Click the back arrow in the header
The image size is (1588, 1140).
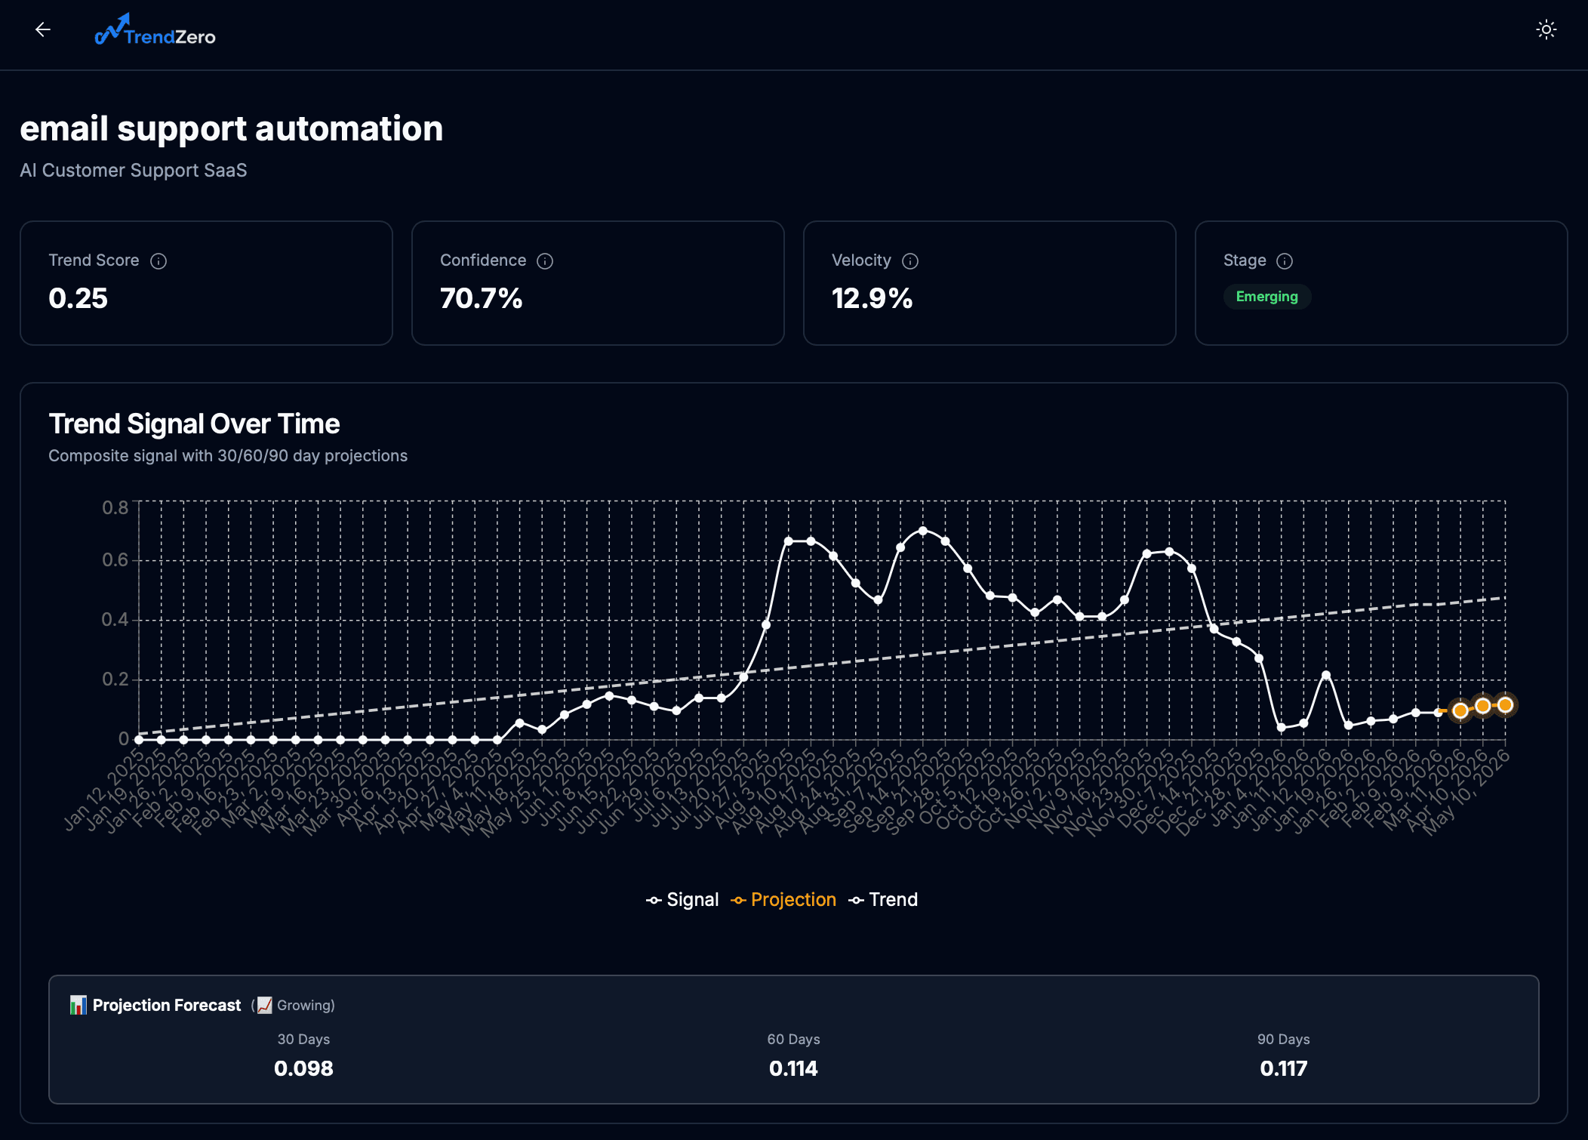click(x=43, y=29)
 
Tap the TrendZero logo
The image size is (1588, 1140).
click(x=155, y=31)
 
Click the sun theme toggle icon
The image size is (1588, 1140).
click(x=1546, y=30)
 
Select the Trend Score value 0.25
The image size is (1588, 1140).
click(x=78, y=298)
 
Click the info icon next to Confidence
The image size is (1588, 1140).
click(x=545, y=261)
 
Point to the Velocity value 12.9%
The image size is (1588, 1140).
click(x=872, y=298)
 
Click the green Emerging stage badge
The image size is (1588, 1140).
click(x=1266, y=297)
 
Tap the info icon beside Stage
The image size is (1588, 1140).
click(x=1285, y=261)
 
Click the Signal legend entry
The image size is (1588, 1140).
click(x=682, y=900)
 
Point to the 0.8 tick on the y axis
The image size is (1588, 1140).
click(x=115, y=507)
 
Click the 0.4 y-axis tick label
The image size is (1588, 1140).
click(x=115, y=620)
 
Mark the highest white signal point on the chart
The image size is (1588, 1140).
click(x=922, y=531)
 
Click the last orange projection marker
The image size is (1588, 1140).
click(x=1505, y=705)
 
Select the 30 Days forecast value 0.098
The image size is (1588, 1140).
click(x=303, y=1068)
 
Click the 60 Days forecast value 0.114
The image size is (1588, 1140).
click(x=793, y=1068)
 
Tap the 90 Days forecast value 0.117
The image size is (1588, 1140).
click(x=1283, y=1068)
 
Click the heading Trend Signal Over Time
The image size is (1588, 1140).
click(x=194, y=424)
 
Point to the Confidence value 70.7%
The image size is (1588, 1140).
click(x=481, y=298)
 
